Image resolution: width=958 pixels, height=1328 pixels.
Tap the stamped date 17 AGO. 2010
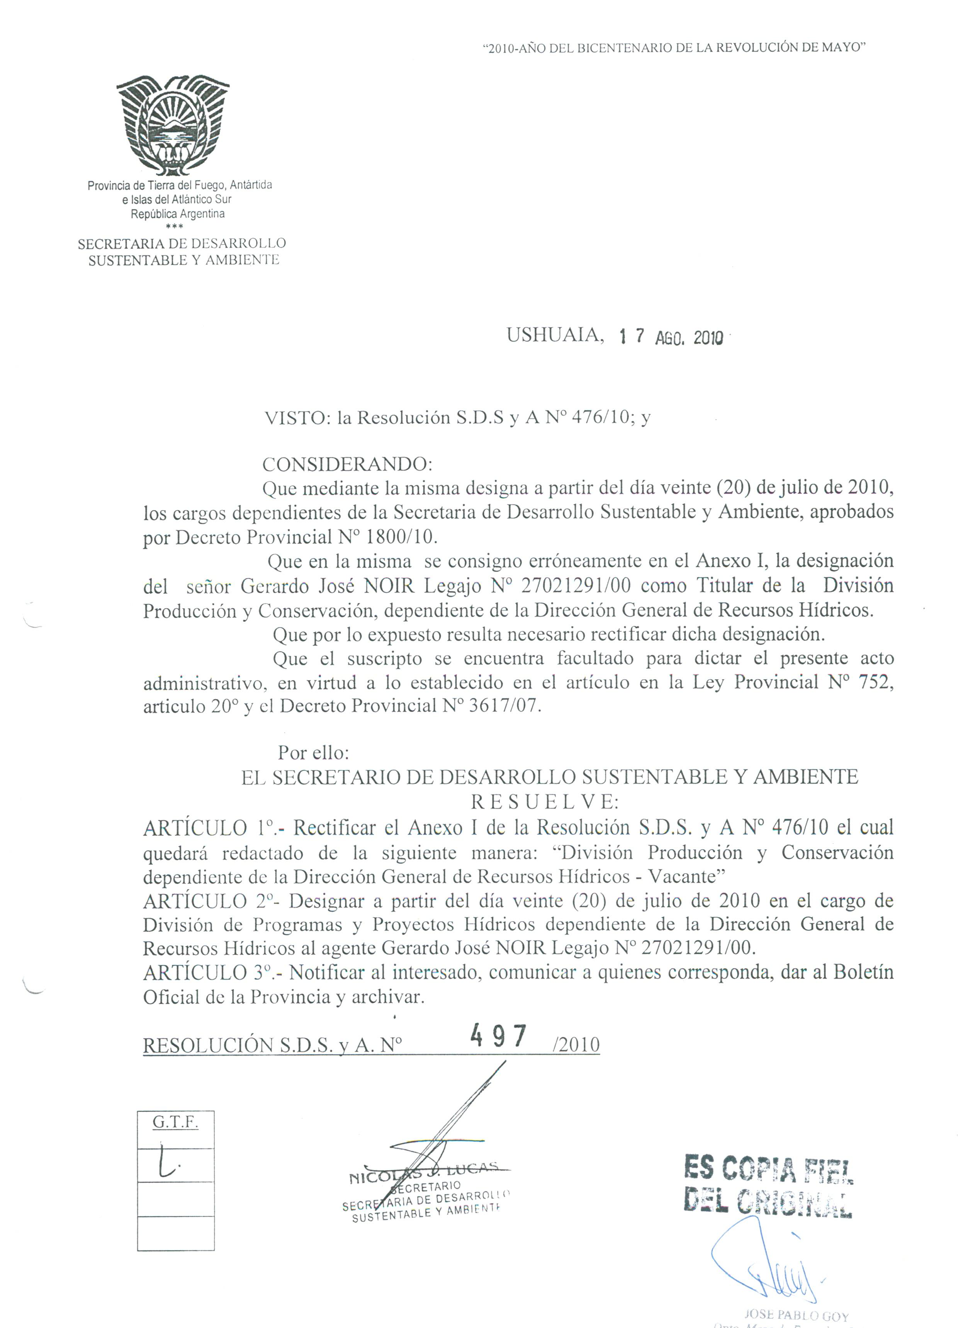[x=671, y=337]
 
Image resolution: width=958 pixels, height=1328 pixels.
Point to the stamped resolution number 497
[x=499, y=1036]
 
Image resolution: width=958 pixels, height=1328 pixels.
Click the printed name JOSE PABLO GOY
[x=797, y=1316]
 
